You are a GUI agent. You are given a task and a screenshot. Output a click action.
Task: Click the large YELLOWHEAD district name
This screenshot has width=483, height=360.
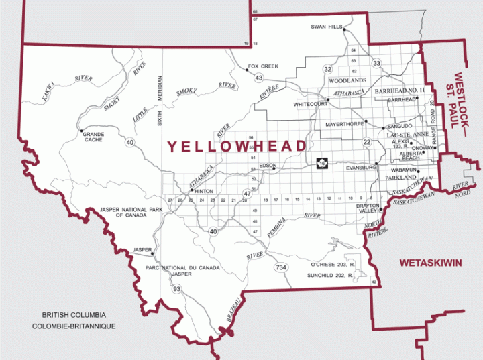236,146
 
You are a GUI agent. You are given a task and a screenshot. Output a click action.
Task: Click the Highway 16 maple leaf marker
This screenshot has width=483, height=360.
323,162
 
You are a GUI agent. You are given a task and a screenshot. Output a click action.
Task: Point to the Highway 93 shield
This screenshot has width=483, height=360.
176,289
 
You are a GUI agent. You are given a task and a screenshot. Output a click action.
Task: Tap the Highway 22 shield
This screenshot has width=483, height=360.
367,142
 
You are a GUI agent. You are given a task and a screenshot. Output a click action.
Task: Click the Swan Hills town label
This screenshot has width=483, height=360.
327,27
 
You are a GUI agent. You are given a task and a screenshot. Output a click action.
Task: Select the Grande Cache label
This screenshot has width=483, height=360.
93,137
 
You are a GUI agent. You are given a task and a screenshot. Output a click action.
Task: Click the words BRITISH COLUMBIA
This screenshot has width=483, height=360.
74,314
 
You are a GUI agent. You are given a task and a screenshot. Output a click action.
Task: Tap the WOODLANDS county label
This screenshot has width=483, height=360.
346,80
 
